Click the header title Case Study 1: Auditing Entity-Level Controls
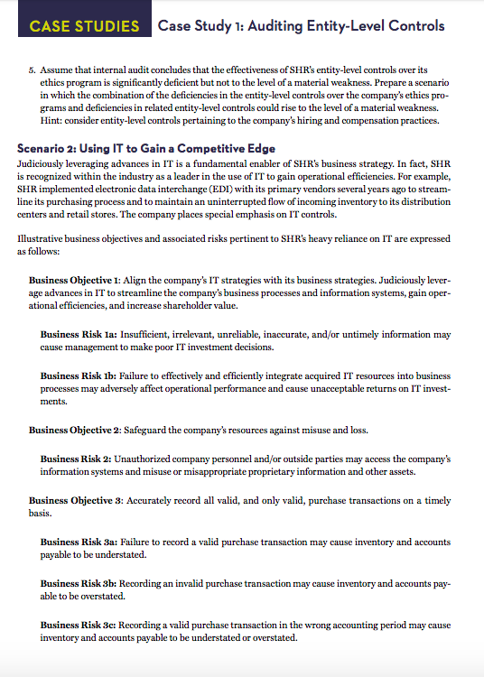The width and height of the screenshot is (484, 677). pyautogui.click(x=301, y=24)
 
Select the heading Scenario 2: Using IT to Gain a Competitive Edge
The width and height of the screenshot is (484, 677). pyautogui.click(x=146, y=148)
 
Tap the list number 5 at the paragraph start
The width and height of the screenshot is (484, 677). pyautogui.click(x=32, y=69)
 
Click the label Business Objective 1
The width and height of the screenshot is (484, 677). pyautogui.click(x=74, y=281)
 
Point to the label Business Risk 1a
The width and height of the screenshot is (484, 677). pyautogui.click(x=77, y=334)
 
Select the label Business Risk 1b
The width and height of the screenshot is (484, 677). pyautogui.click(x=77, y=375)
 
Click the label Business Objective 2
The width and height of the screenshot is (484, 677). pyautogui.click(x=74, y=428)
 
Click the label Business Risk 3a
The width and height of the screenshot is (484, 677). pyautogui.click(x=77, y=542)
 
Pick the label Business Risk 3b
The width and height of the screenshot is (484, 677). pyautogui.click(x=77, y=583)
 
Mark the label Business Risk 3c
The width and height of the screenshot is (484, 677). pyautogui.click(x=77, y=625)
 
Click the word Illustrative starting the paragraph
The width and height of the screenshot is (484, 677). pyautogui.click(x=41, y=237)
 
